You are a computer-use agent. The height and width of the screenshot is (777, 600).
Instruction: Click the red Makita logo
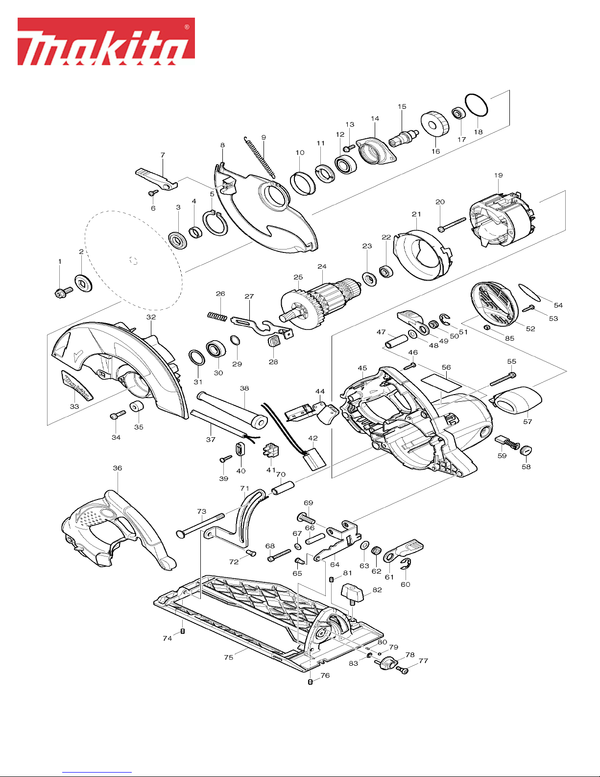pos(106,42)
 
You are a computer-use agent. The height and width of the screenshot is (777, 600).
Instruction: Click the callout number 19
pos(499,175)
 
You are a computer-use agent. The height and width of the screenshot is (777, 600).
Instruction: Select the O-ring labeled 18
pos(477,105)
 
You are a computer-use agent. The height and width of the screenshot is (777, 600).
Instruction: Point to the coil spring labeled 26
pos(217,316)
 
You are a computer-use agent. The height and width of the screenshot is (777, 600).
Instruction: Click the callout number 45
pos(362,368)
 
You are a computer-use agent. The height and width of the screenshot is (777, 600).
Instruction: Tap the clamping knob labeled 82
pos(352,594)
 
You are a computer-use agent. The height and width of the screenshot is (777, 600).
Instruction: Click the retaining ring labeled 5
pos(215,224)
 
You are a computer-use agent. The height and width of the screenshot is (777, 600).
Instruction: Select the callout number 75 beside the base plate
pos(229,657)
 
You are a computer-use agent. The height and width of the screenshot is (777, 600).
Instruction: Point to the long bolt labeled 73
pos(200,525)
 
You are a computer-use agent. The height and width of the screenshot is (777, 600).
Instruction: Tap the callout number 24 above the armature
pos(322,266)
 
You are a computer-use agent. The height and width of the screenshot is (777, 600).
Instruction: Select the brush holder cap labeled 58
pos(526,450)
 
